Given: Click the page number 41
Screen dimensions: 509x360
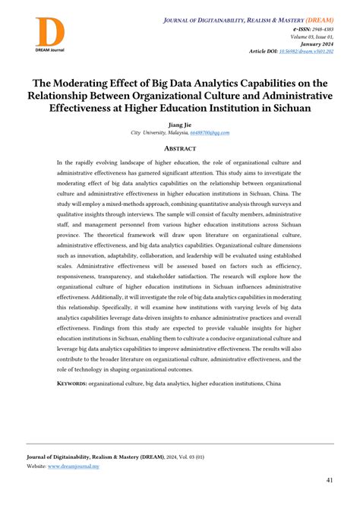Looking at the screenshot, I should click(x=330, y=480).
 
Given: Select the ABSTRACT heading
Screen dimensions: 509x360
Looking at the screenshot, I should click(x=180, y=149).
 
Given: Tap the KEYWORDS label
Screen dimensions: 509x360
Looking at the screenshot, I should click(x=72, y=384).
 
